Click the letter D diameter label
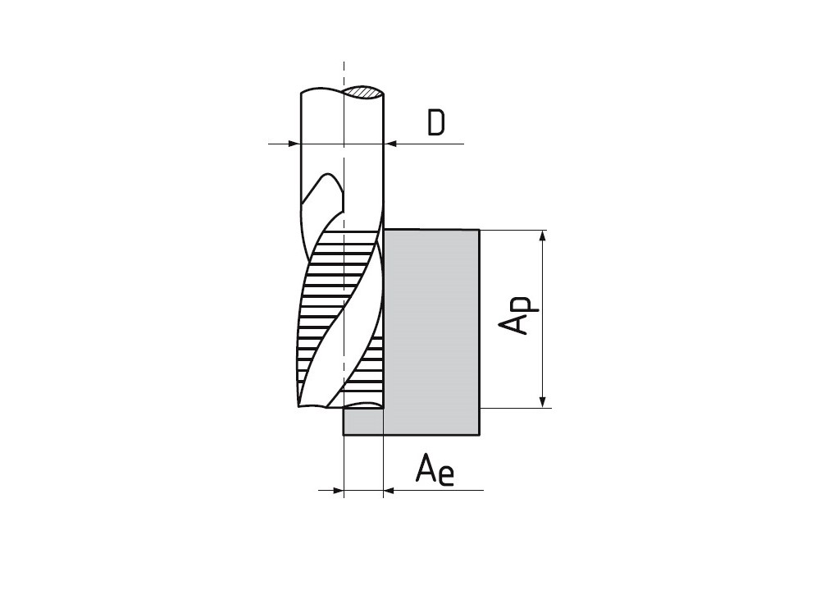coord(436,122)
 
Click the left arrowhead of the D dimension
coord(294,144)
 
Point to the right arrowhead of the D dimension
coord(390,144)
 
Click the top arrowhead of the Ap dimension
coord(544,236)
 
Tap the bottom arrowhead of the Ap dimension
coord(544,401)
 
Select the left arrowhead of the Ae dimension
coord(337,491)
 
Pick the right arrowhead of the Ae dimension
coord(389,491)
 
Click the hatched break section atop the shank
coord(364,92)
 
